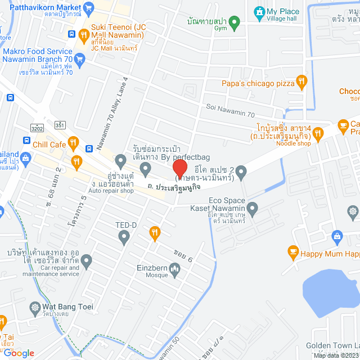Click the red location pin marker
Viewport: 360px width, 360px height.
(179, 168)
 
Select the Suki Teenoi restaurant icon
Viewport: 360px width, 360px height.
(84, 35)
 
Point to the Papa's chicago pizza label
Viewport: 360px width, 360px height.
(258, 83)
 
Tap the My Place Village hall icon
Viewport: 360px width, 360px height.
(259, 12)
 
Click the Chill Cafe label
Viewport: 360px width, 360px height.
(49, 145)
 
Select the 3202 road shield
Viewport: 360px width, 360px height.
(38, 128)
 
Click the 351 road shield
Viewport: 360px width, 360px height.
(60, 125)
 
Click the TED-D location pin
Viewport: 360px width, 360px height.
(124, 238)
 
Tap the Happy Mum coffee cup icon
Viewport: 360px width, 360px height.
(292, 253)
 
